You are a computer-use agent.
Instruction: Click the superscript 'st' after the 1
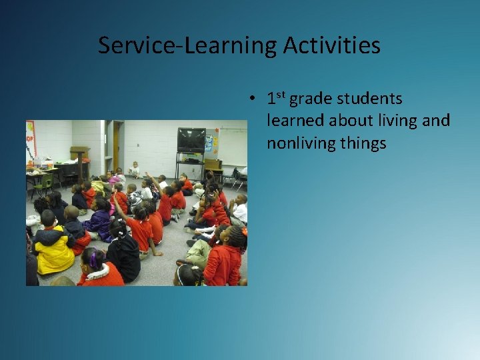pyautogui.click(x=281, y=95)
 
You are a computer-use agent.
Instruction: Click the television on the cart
pyautogui.click(x=191, y=140)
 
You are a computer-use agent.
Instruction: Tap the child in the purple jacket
pyautogui.click(x=101, y=221)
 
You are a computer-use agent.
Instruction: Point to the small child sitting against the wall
pyautogui.click(x=135, y=169)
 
